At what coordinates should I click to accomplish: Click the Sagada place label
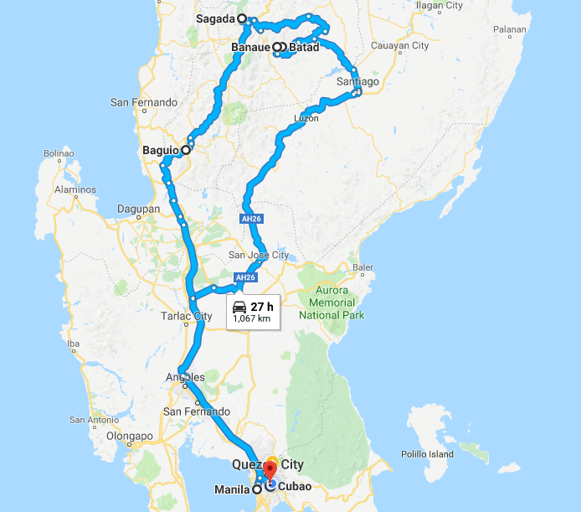[x=215, y=18]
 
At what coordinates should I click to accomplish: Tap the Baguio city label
[x=160, y=150]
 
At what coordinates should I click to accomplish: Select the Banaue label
[x=251, y=48]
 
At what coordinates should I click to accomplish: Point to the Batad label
[x=304, y=48]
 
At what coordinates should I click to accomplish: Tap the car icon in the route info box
[x=239, y=307]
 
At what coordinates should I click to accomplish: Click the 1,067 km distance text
[x=252, y=319]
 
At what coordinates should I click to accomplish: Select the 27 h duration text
[x=262, y=307]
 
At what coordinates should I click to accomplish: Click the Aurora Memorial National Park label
[x=332, y=302]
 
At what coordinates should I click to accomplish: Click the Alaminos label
[x=76, y=189]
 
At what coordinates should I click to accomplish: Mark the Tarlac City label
[x=186, y=316]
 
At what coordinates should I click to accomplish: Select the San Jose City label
[x=258, y=255]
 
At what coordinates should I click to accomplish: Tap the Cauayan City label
[x=400, y=45]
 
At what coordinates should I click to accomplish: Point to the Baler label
[x=362, y=268]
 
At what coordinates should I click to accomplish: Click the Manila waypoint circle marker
[x=256, y=490]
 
